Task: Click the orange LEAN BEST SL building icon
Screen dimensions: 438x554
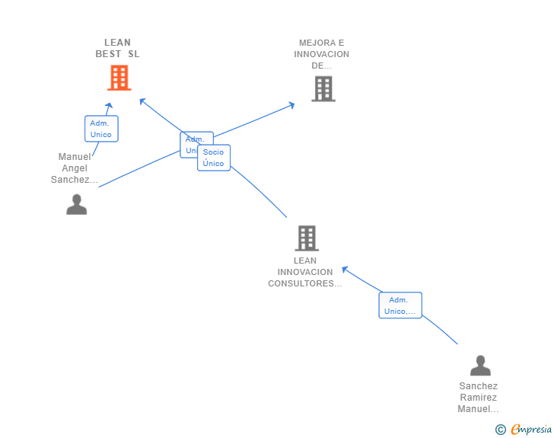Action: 119,78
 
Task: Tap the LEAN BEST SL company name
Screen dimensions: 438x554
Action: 117,48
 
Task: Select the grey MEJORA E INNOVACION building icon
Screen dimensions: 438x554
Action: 323,89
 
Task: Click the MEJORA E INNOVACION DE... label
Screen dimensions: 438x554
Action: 322,54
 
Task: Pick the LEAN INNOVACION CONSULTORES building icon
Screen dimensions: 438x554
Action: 306,238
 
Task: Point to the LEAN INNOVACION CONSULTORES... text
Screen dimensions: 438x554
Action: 305,272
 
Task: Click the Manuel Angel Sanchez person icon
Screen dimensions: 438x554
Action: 76,204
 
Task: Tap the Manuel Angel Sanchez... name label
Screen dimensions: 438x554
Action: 75,168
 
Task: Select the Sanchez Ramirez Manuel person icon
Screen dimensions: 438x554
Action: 480,366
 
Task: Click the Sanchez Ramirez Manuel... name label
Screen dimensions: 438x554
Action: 478,398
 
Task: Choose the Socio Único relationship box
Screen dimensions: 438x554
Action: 214,158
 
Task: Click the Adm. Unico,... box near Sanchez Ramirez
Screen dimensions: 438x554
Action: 400,305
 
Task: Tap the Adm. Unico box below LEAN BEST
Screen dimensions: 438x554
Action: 100,129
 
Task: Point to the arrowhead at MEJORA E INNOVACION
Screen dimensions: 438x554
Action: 291,104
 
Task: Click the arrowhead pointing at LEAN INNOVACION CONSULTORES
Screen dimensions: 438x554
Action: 344,268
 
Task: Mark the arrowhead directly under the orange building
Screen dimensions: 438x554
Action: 110,106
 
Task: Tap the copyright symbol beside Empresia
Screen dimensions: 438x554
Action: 501,430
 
